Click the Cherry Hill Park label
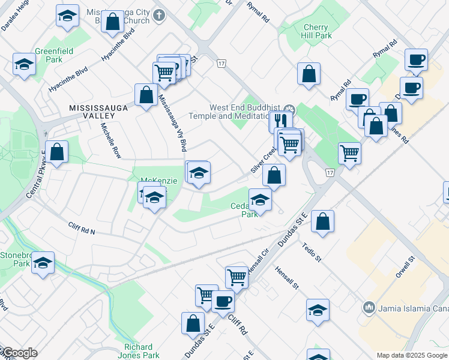click(x=316, y=31)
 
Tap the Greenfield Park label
click(x=53, y=55)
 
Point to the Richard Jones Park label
click(x=142, y=351)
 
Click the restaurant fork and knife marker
click(x=280, y=121)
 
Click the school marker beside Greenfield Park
click(x=24, y=64)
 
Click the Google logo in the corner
click(x=19, y=353)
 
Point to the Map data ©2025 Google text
click(x=412, y=355)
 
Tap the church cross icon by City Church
click(x=158, y=14)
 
